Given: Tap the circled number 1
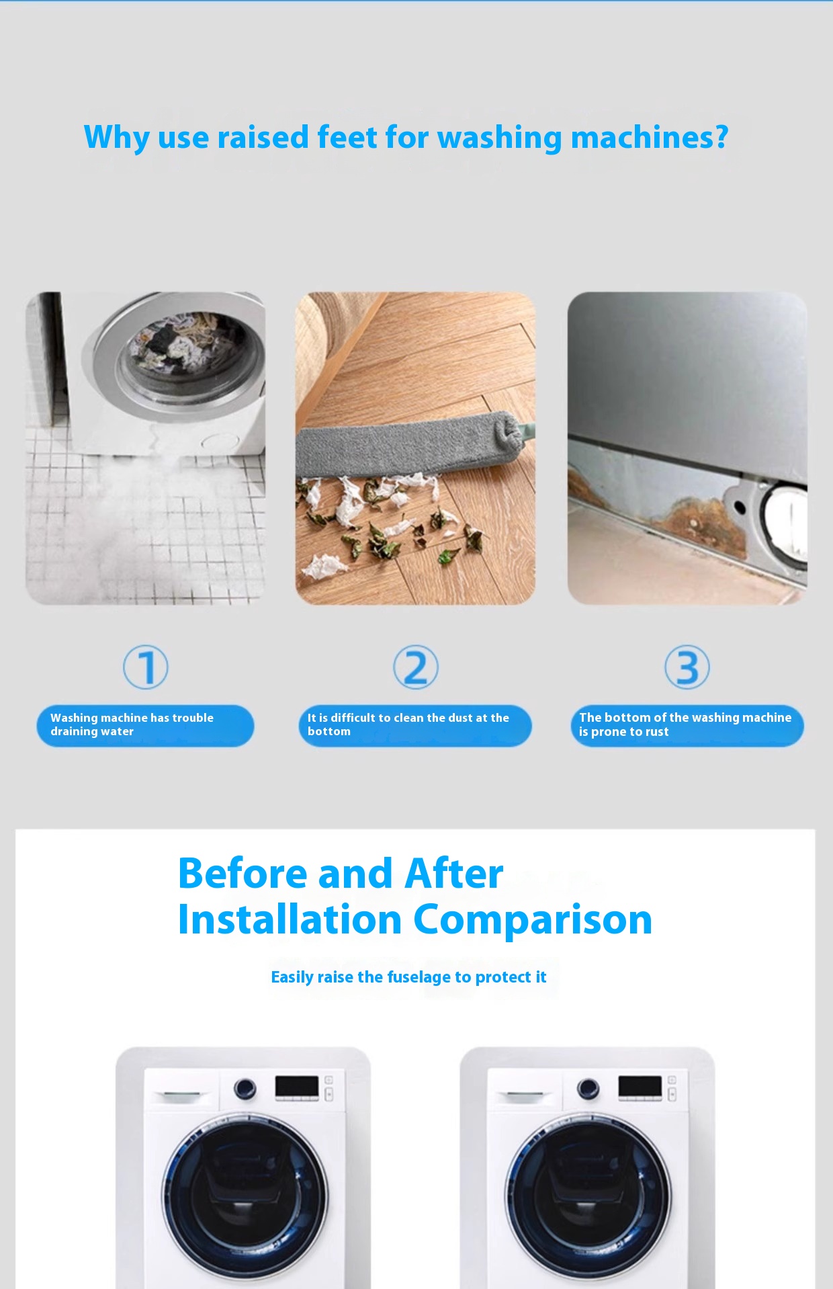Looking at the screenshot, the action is click(x=146, y=667).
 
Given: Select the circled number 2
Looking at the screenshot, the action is click(x=416, y=667).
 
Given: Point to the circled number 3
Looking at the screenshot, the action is click(x=687, y=667).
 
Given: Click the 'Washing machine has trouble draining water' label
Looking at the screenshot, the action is click(x=145, y=725).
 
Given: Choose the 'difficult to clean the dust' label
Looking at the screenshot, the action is click(x=415, y=725).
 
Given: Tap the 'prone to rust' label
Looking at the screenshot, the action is click(x=687, y=725).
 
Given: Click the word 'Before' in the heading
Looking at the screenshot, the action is click(x=243, y=874).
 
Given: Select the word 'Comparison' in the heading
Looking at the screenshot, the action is click(x=532, y=920).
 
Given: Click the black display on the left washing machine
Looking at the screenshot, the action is click(x=296, y=1085).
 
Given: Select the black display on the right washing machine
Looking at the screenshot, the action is click(x=640, y=1085).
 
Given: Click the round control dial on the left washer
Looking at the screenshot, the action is click(x=245, y=1088).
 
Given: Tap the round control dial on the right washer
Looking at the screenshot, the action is click(x=588, y=1088).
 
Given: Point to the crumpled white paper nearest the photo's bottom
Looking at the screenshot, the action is click(x=324, y=567).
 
